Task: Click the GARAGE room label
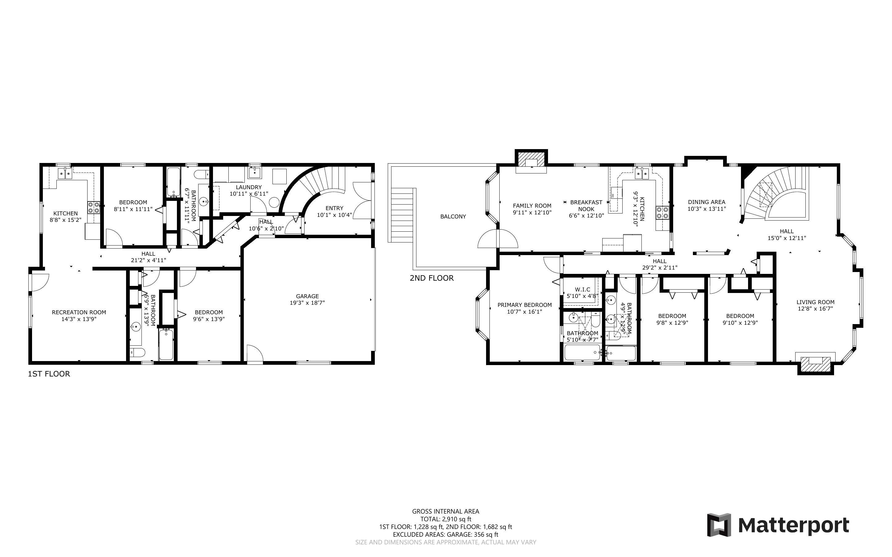pos(307,296)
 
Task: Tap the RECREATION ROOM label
pos(79,312)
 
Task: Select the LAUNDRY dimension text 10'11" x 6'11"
pos(249,193)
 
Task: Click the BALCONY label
pos(453,217)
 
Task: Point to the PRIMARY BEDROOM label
pos(524,305)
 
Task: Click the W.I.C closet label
pos(582,290)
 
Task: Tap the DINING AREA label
pos(706,202)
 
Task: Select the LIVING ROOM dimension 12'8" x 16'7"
pos(815,309)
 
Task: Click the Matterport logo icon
pos(718,525)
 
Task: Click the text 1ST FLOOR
pos(49,374)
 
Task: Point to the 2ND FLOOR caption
pos(432,278)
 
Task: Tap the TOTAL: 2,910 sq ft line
pos(445,519)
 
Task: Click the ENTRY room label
pos(334,208)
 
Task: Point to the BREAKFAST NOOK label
pos(586,205)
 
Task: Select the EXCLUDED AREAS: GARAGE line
pos(445,535)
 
